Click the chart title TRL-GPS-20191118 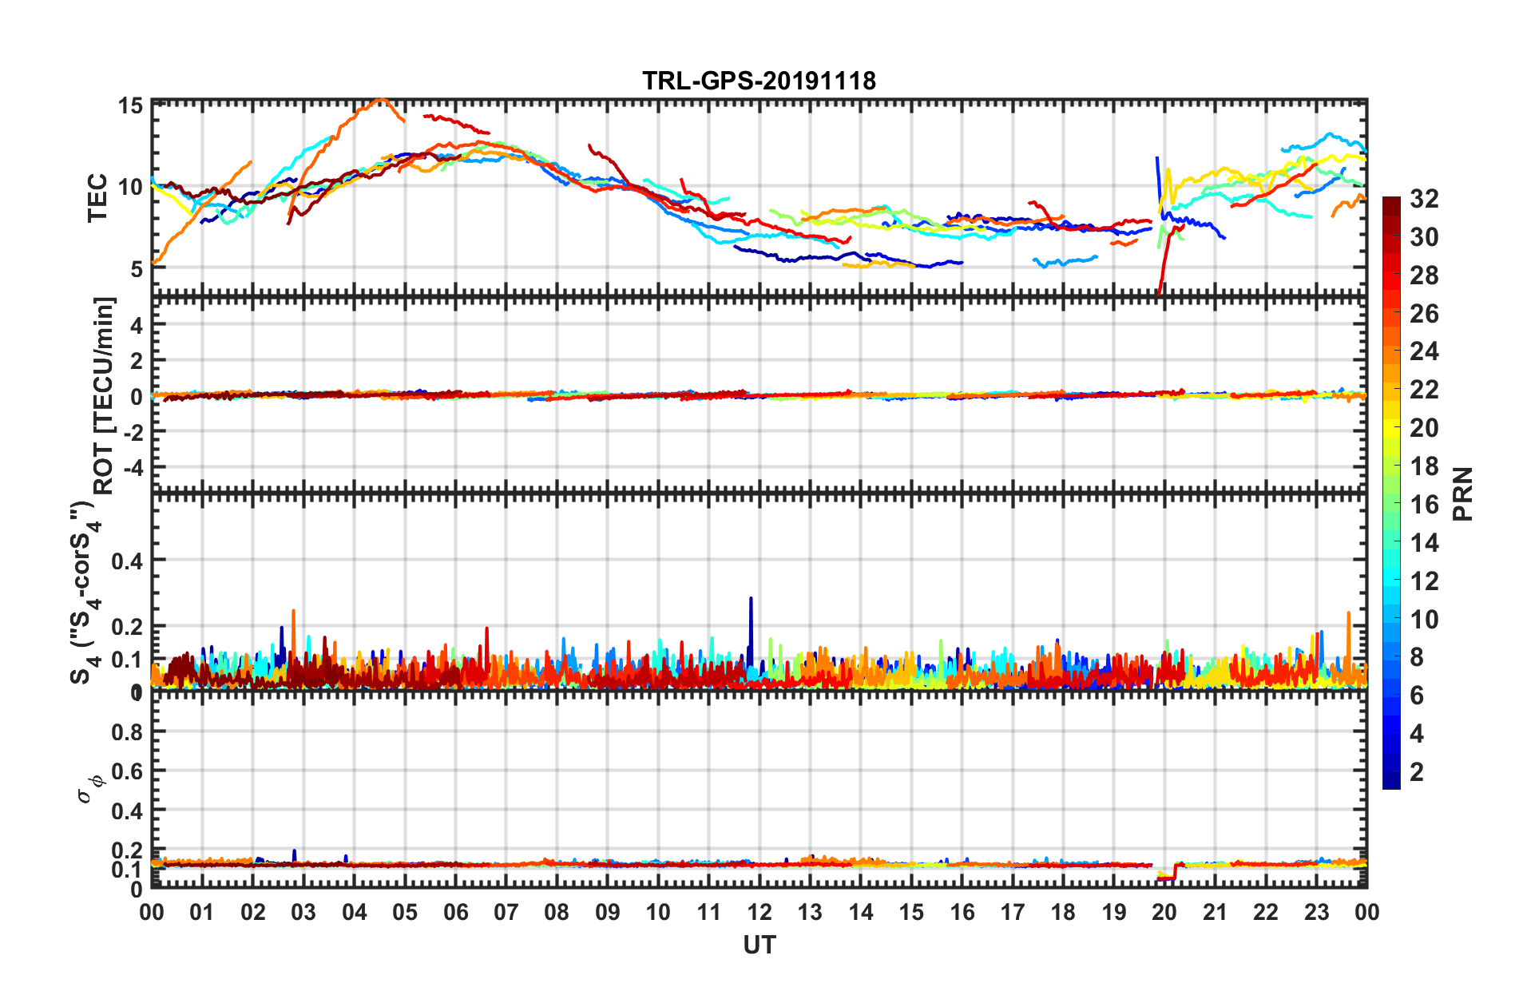(759, 81)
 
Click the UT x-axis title (759, 945)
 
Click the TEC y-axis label (97, 197)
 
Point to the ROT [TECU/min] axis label (104, 395)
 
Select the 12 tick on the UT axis (759, 912)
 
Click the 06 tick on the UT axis (455, 912)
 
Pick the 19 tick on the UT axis (1113, 912)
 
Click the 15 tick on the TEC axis (130, 105)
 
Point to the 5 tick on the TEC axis (136, 268)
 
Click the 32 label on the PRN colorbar (1424, 199)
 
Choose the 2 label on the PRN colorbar (1417, 771)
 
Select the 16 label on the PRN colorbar (1424, 505)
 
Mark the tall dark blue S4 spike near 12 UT (751, 599)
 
